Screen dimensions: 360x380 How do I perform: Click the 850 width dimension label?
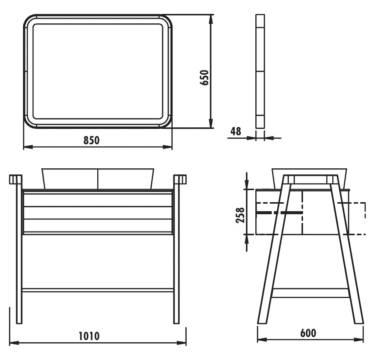(x=91, y=141)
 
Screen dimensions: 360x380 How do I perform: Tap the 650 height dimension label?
(x=204, y=78)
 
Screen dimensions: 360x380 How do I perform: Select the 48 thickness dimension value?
(x=235, y=132)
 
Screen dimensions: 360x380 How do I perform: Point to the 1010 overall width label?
(x=89, y=336)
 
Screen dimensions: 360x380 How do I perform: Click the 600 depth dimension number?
(x=308, y=333)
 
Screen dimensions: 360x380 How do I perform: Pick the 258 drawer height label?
(x=240, y=215)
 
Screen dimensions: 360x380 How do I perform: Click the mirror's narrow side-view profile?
(x=260, y=71)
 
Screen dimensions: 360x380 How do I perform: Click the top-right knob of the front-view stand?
(x=180, y=179)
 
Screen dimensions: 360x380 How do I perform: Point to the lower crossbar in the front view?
(x=98, y=290)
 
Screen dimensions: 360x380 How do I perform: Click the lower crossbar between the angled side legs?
(x=310, y=293)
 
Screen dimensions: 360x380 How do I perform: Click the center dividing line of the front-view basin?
(x=98, y=178)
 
